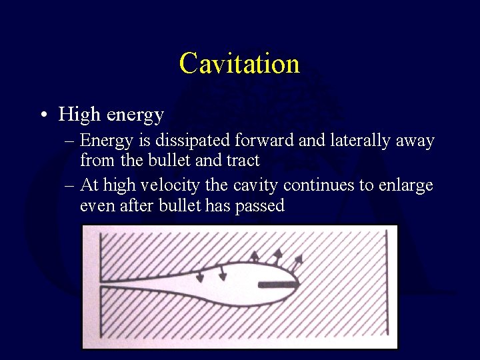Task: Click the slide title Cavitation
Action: [x=239, y=63]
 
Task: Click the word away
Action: [x=417, y=141]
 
